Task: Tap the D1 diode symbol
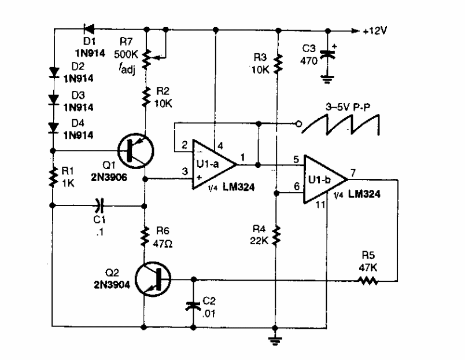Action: (x=89, y=27)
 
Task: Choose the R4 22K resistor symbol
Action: (x=278, y=235)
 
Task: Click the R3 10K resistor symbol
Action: (x=278, y=65)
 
